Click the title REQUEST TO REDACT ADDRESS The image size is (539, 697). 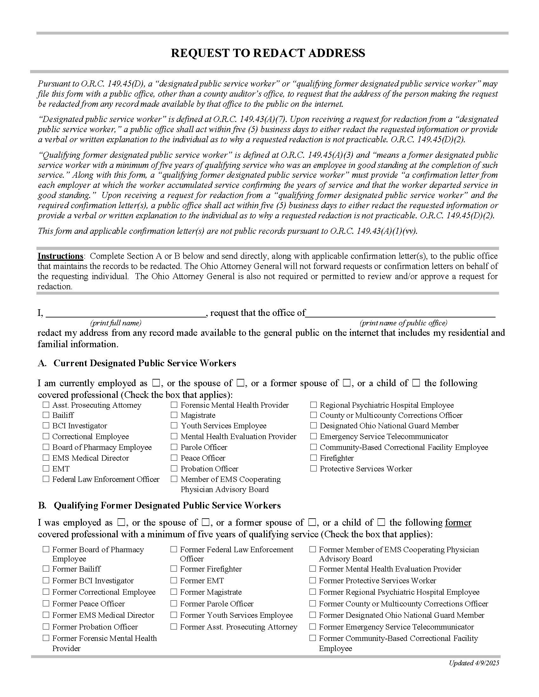pyautogui.click(x=268, y=53)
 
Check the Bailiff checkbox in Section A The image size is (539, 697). pyautogui.click(x=46, y=415)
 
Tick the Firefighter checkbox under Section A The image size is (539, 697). pyautogui.click(x=314, y=458)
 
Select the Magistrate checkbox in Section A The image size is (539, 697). pyautogui.click(x=174, y=415)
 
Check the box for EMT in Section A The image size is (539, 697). pyautogui.click(x=46, y=469)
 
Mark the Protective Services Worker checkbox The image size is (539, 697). pyautogui.click(x=314, y=469)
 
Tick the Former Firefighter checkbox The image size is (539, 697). pyautogui.click(x=174, y=569)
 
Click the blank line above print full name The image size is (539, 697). pyautogui.click(x=126, y=314)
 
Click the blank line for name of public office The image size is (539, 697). pyautogui.click(x=400, y=314)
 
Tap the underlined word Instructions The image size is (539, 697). pyautogui.click(x=60, y=256)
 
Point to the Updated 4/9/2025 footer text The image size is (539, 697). pyautogui.click(x=474, y=663)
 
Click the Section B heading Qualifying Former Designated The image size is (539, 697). pyautogui.click(x=167, y=505)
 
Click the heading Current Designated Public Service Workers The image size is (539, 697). pyautogui.click(x=145, y=363)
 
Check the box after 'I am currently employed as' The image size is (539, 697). pyautogui.click(x=156, y=383)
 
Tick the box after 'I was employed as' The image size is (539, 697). pyautogui.click(x=121, y=522)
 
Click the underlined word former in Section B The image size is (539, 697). pyautogui.click(x=458, y=523)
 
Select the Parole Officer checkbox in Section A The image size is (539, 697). pyautogui.click(x=174, y=447)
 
